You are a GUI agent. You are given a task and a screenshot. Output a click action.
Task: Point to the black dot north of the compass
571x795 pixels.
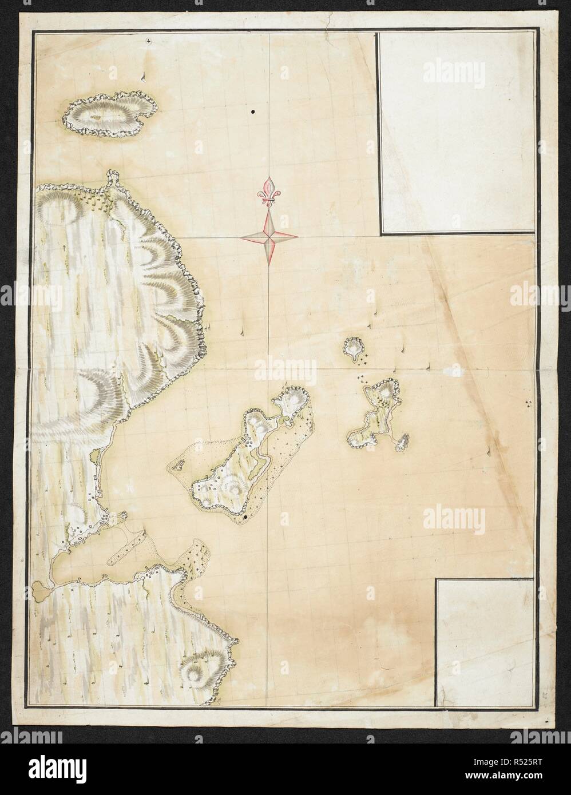(x=252, y=112)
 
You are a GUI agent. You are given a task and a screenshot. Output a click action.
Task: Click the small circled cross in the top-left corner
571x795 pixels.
(x=149, y=40)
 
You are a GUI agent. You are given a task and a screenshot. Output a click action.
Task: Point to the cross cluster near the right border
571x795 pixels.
(x=528, y=404)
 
